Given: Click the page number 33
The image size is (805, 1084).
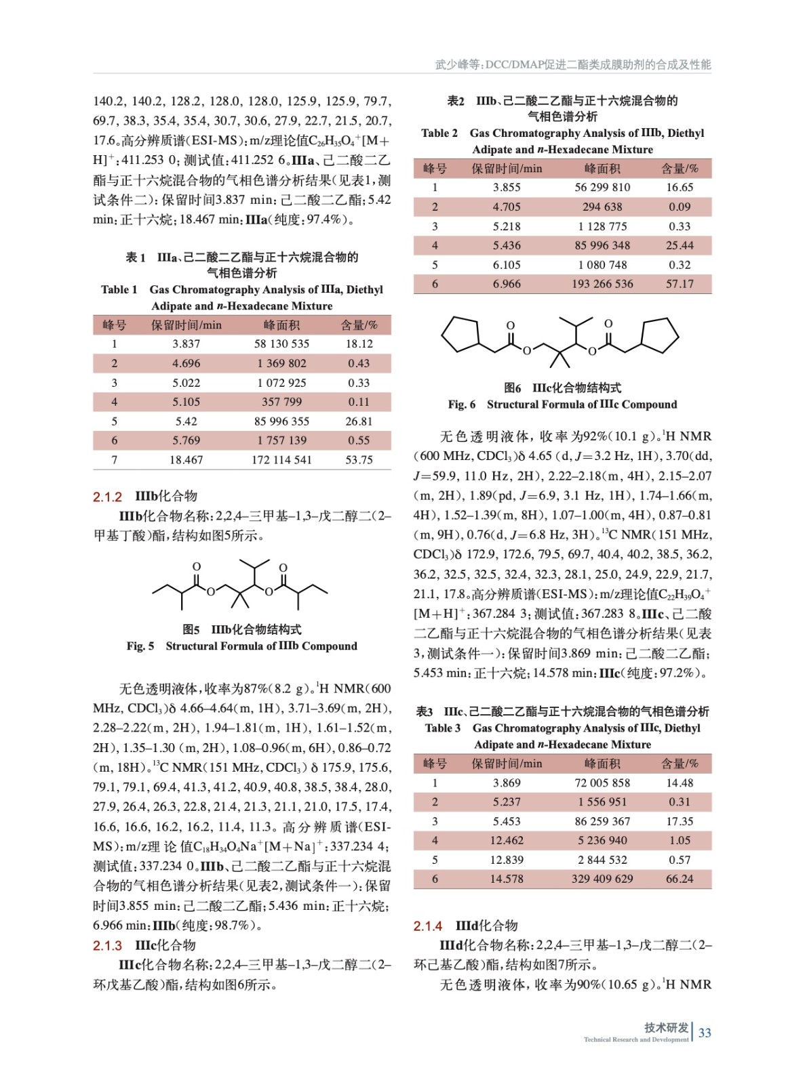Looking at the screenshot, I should coord(705,1033).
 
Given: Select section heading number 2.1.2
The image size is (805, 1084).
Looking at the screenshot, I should coord(107,497).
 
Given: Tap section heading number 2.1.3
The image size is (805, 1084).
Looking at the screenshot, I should coord(107,945).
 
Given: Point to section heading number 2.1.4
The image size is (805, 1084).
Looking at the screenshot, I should coord(428,925).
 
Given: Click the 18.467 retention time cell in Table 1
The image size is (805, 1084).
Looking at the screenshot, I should coord(186,459).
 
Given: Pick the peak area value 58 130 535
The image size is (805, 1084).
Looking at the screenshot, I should coord(281,343).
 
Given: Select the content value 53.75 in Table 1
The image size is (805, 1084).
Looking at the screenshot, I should coord(359,459).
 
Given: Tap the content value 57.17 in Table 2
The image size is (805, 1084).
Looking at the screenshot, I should coord(680,284).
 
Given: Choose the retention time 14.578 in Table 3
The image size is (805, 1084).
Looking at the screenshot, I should coord(507,879).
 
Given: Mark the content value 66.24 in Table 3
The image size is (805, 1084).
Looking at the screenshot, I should coord(680,879).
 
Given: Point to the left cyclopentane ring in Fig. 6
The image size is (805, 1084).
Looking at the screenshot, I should coord(460,334).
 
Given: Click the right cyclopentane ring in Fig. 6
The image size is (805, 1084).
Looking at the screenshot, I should coord(659,334).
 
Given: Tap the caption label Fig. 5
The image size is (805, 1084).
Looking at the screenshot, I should coord(140,646).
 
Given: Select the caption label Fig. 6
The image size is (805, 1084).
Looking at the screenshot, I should coord(461,404).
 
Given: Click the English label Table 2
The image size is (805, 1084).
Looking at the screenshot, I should coord(439,133).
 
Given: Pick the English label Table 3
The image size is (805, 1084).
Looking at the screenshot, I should coord(442,728).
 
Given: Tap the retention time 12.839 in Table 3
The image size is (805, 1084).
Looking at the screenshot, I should coord(507,860).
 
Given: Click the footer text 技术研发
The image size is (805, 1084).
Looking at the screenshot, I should coord(666,1028).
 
